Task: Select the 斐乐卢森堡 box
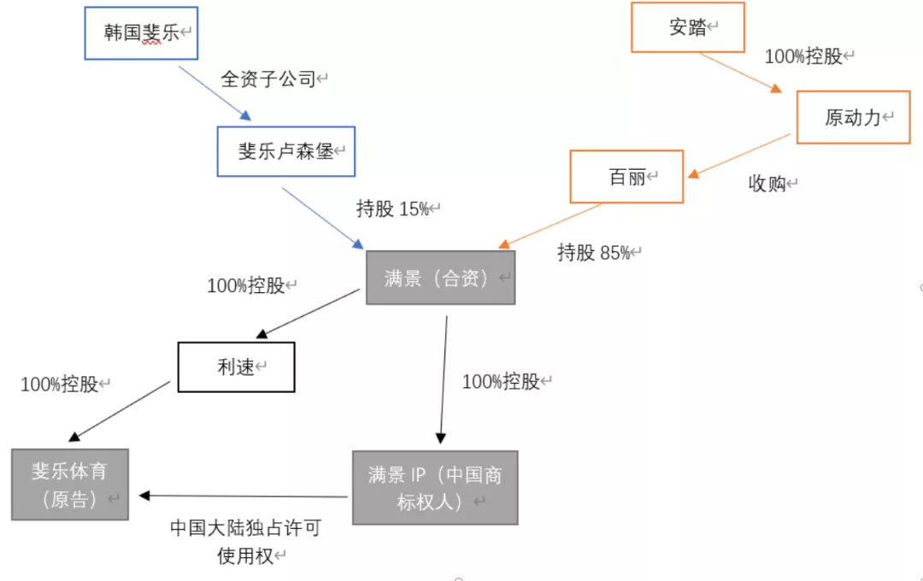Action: (x=285, y=151)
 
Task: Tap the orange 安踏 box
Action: (x=687, y=27)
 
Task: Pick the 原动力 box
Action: (x=852, y=118)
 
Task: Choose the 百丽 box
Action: (x=626, y=177)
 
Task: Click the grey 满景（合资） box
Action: (x=440, y=278)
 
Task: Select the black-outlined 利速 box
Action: (x=236, y=367)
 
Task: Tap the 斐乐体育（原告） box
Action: (x=70, y=484)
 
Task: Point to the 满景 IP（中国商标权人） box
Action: (x=435, y=488)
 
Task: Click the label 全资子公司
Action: (x=268, y=80)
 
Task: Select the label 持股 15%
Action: (x=392, y=209)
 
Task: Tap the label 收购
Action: (x=767, y=184)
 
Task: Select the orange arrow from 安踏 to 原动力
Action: (x=740, y=73)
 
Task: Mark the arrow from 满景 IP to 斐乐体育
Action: (x=244, y=496)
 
